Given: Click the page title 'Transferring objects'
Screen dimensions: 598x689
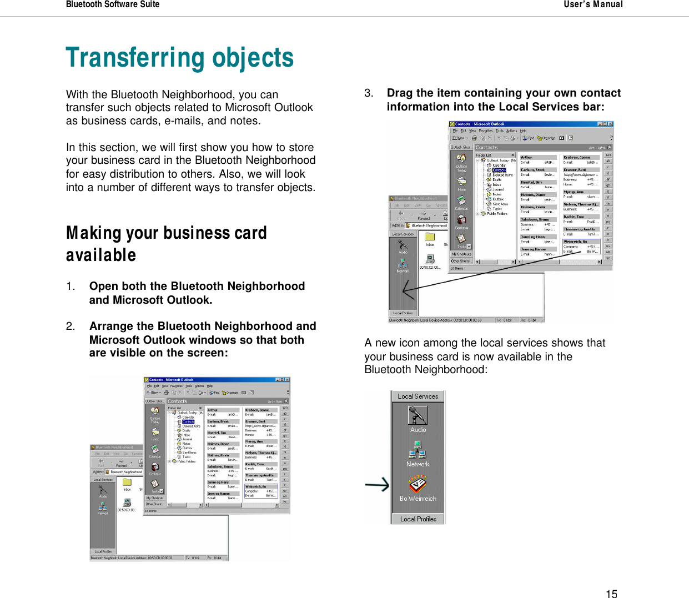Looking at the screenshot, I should tap(179, 58).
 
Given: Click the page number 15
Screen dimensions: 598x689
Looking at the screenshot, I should tap(611, 594).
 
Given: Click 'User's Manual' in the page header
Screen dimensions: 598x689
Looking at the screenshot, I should tap(593, 4).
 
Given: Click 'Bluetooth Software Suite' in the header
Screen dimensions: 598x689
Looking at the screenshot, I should tap(113, 4).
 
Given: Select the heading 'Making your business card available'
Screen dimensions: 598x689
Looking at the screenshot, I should tap(166, 244).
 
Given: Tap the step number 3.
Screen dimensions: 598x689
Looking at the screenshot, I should tap(369, 93).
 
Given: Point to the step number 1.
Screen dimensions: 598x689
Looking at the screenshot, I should tap(70, 287).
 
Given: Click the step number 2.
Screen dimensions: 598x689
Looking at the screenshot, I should tap(70, 326).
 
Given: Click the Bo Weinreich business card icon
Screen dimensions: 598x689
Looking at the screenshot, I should tap(418, 485).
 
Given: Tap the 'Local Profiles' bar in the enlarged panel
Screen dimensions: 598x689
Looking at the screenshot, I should tap(418, 519).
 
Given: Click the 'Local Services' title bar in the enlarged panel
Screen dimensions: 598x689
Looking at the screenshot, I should tap(418, 396).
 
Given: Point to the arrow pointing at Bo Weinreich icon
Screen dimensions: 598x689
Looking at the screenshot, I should tap(377, 485).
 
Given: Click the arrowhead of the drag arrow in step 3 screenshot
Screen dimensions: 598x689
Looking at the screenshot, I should tap(405, 290).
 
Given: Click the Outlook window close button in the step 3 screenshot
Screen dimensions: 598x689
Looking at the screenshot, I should tap(610, 124).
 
